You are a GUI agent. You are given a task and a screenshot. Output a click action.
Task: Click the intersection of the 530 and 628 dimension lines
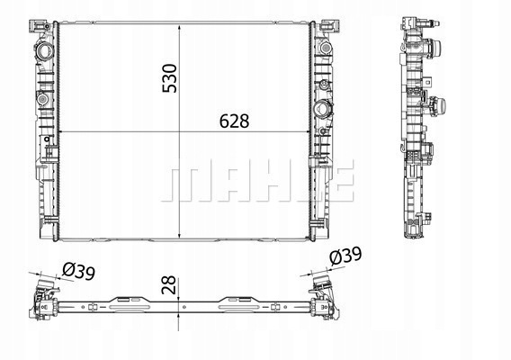(183, 134)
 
